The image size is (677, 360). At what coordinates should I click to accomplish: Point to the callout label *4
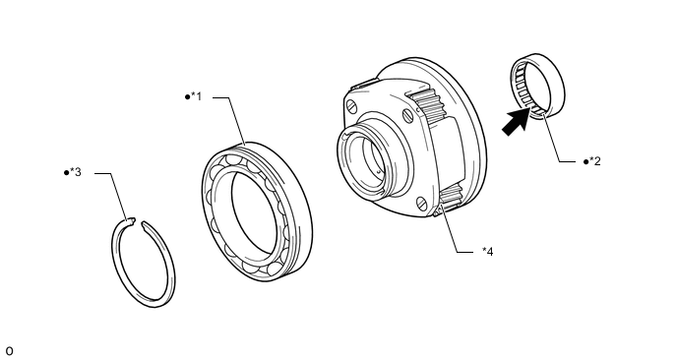488,251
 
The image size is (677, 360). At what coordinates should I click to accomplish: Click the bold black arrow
517,121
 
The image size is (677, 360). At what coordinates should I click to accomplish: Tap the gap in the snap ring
138,222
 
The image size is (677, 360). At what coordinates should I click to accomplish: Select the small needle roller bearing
538,86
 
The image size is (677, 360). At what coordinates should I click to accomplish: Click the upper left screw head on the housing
352,105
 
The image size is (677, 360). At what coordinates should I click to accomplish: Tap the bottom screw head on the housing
422,203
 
